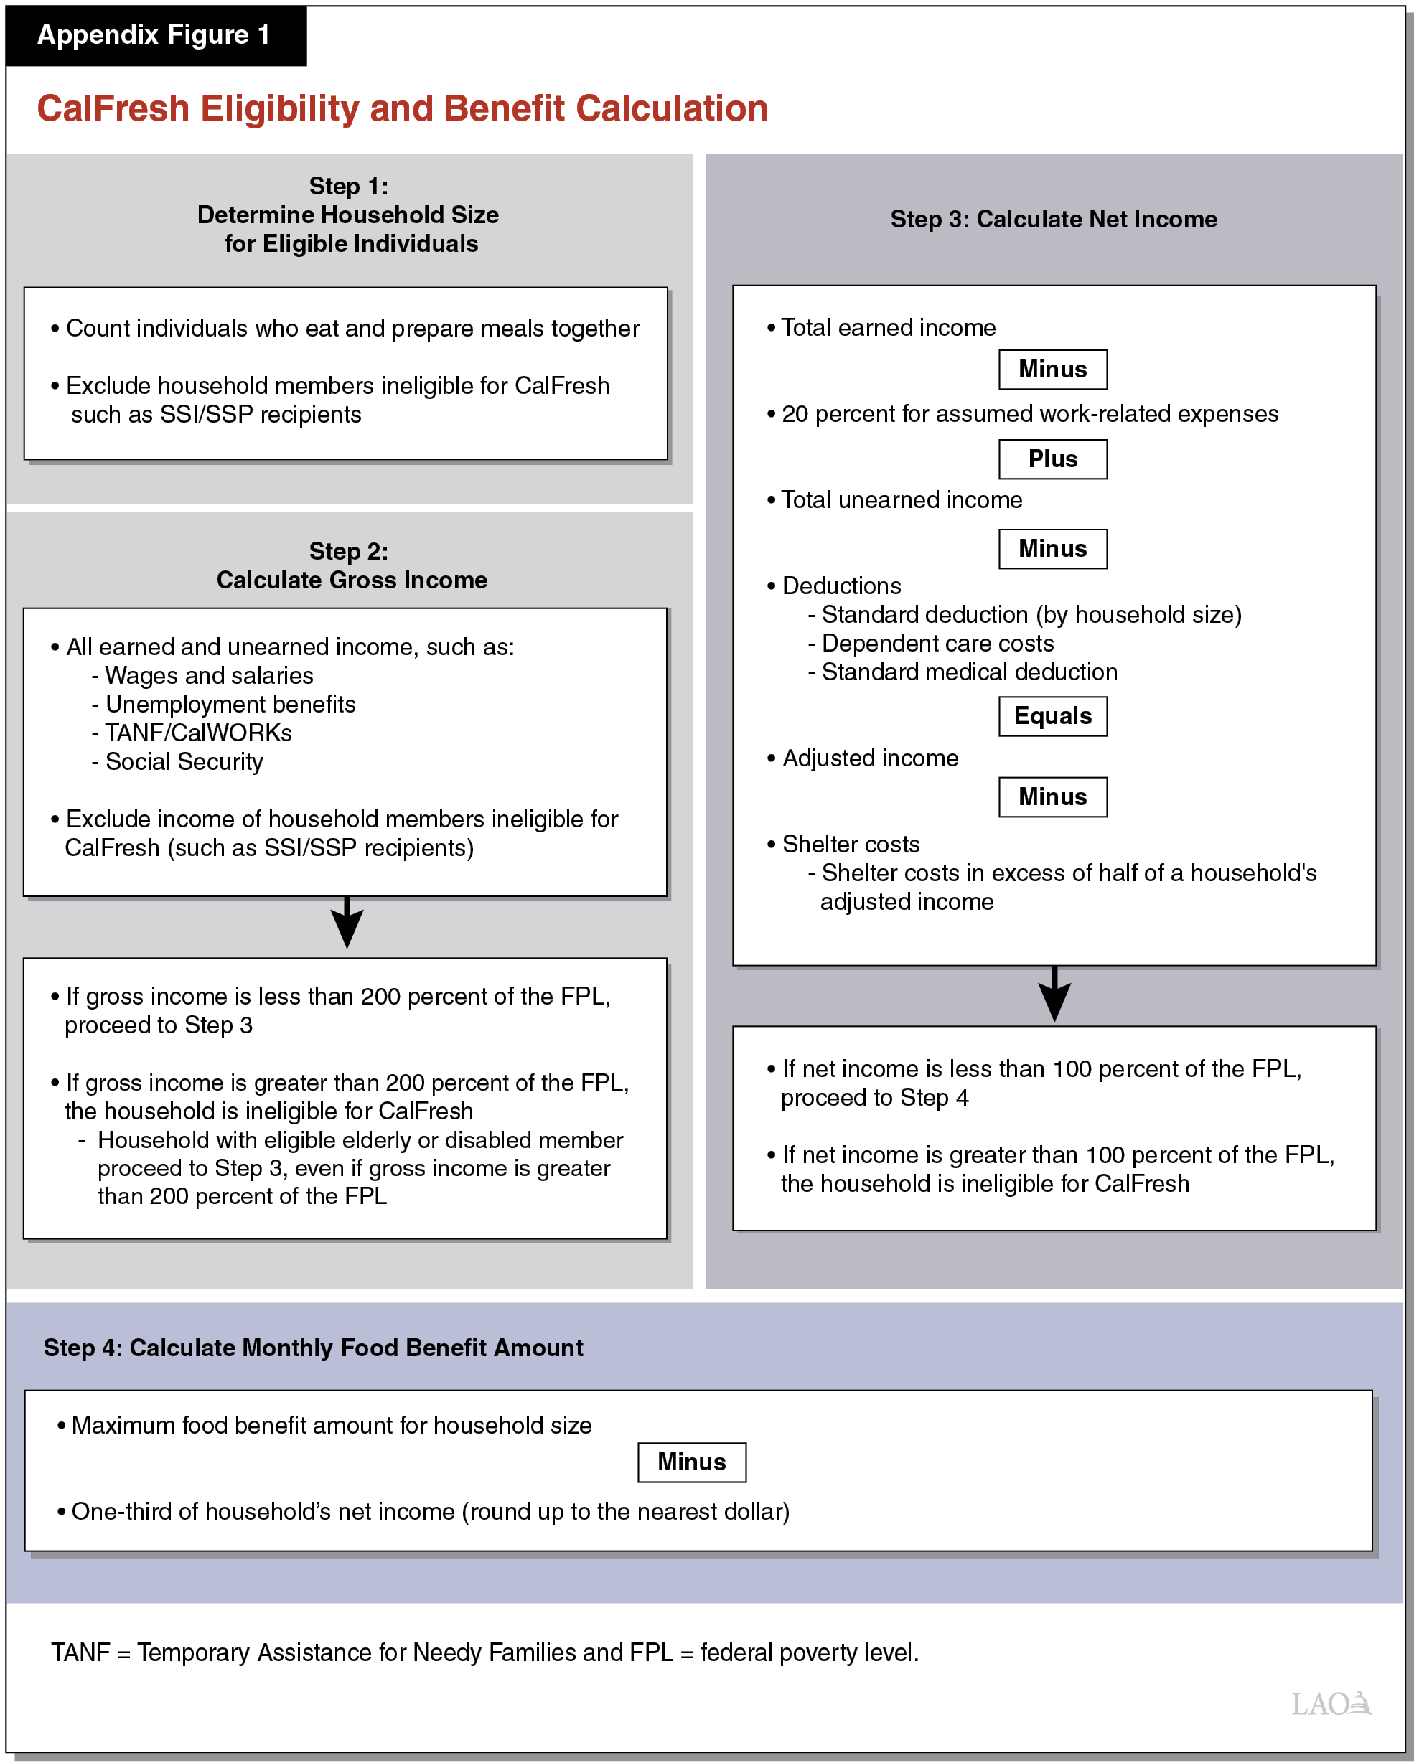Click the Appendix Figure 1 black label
[154, 35]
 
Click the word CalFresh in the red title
[113, 109]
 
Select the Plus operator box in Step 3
[1052, 459]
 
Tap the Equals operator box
[1052, 716]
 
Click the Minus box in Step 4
[691, 1462]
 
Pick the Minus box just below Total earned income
[1052, 370]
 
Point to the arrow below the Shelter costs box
[1054, 995]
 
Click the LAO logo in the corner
[1330, 1704]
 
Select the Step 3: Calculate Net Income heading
[1054, 219]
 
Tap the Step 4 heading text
[313, 1348]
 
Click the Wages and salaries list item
[209, 675]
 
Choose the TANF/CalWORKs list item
[198, 733]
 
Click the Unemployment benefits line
[230, 704]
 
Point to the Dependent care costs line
[937, 644]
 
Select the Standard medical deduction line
[968, 672]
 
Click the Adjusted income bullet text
[869, 758]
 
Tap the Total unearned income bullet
[900, 499]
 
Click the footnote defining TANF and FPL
[485, 1652]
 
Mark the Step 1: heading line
[348, 187]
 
